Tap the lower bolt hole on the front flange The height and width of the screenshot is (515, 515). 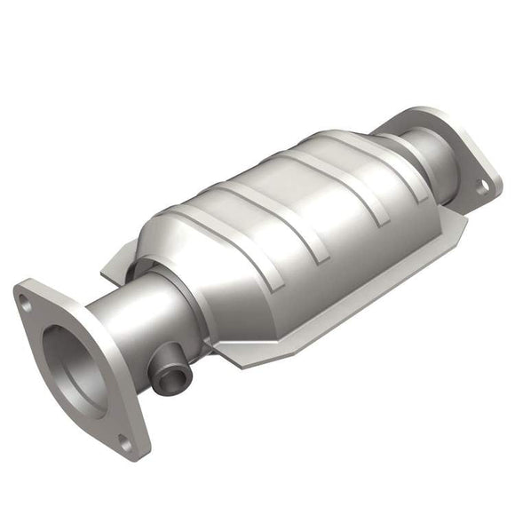tap(125, 441)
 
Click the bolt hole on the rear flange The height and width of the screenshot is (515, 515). tap(482, 187)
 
